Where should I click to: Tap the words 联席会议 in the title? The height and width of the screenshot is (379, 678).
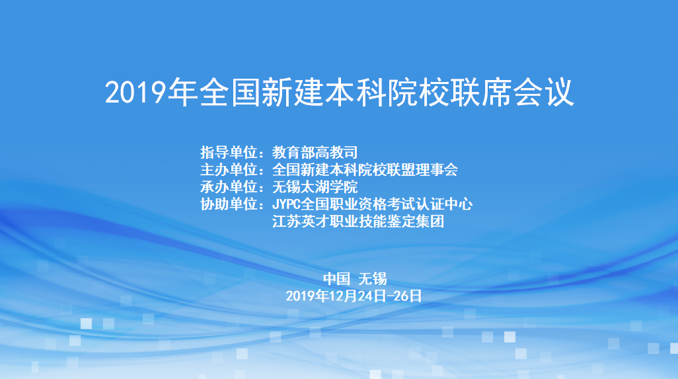(512, 92)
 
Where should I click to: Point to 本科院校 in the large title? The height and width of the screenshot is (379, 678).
(387, 92)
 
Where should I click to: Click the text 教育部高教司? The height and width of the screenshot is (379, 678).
(315, 152)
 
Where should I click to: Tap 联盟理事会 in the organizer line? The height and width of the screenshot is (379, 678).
(422, 169)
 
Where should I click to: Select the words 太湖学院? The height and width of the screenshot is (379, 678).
(329, 187)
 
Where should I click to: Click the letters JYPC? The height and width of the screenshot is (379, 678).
(286, 204)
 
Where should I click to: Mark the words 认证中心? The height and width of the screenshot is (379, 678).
(443, 204)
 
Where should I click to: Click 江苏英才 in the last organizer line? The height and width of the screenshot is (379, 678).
(301, 222)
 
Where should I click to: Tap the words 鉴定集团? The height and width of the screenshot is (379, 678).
(415, 222)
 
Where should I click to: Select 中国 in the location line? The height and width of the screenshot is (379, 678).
(336, 278)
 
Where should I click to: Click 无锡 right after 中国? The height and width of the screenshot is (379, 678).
(372, 278)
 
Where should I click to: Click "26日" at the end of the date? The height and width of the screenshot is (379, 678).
(408, 296)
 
